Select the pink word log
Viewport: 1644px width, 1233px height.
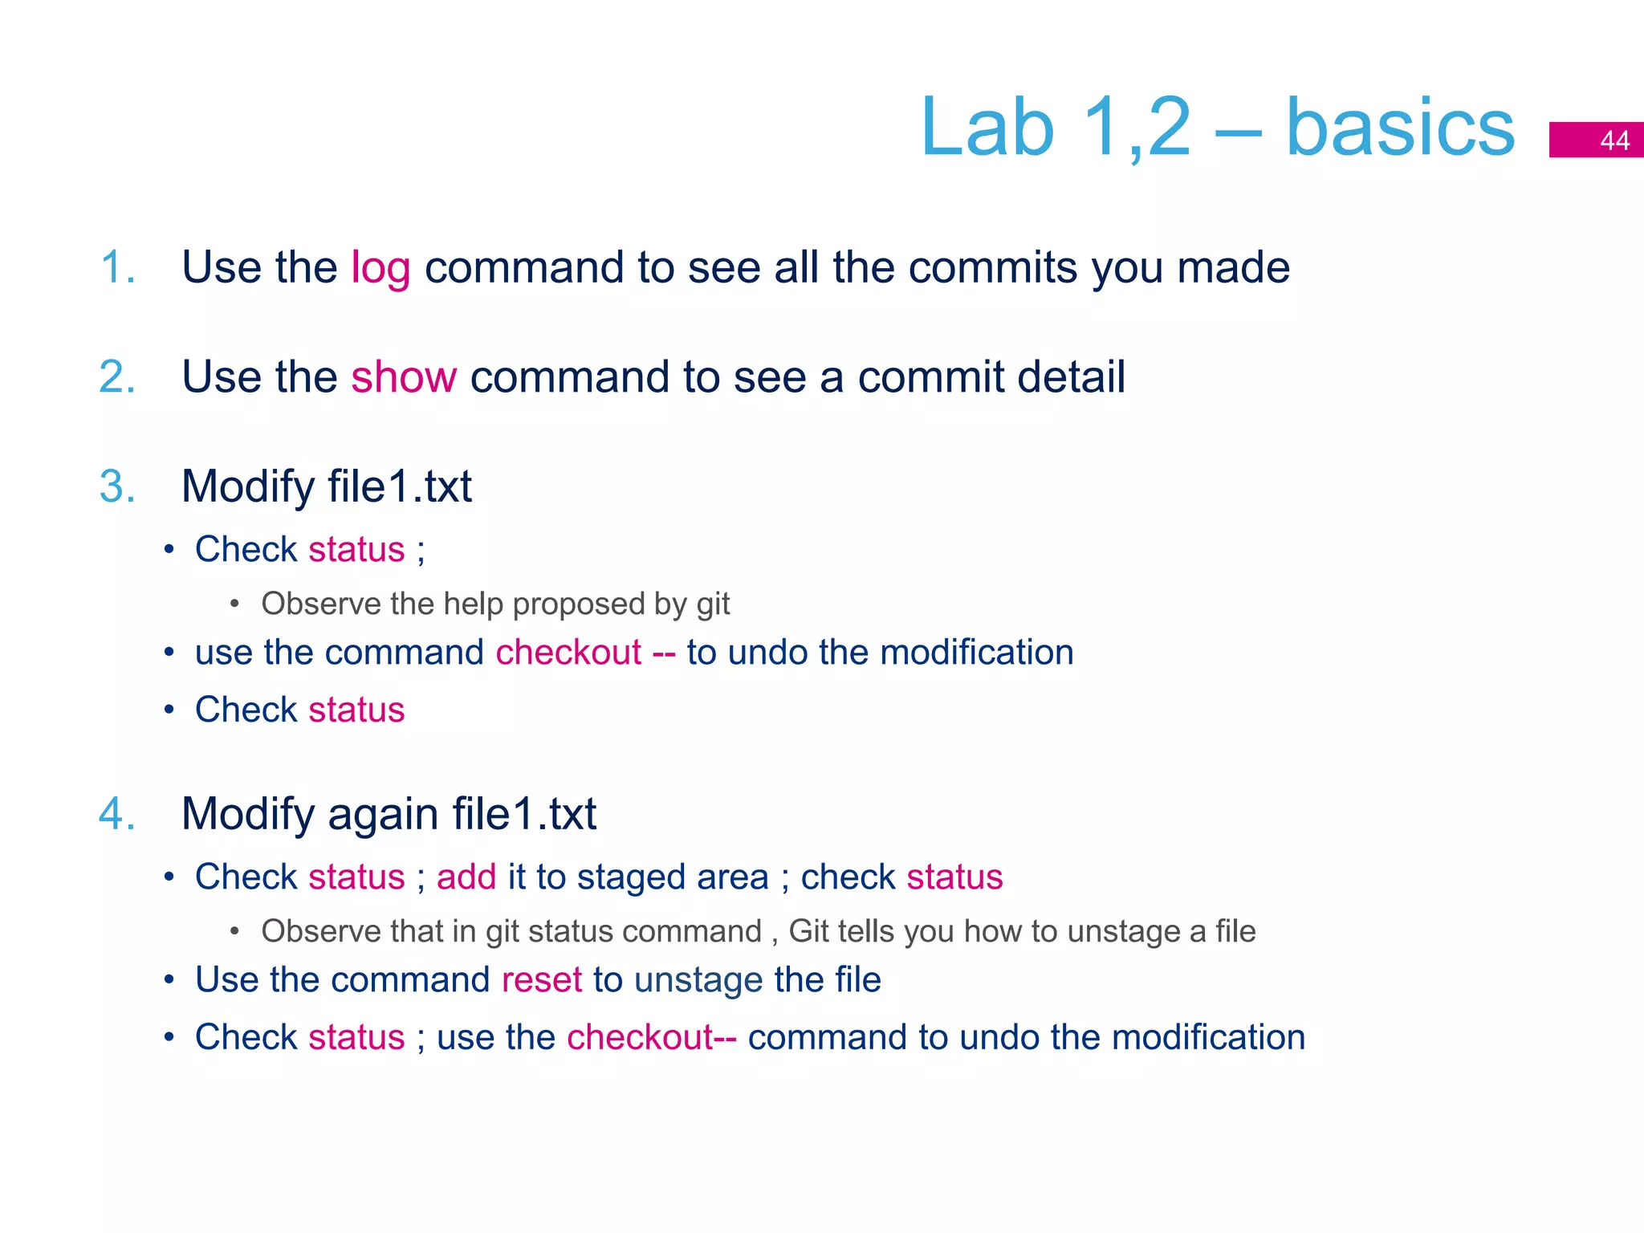pos(380,268)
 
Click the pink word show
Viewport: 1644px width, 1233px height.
pos(404,376)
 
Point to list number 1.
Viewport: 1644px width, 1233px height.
pos(117,267)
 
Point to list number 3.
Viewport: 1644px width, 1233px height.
pos(117,486)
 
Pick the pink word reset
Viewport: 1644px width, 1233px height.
pos(541,980)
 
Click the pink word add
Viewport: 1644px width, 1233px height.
pos(466,877)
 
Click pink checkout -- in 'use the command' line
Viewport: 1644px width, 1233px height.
pos(584,652)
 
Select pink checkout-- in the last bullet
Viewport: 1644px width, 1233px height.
pos(651,1037)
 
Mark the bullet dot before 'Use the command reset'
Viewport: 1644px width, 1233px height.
pos(169,980)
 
